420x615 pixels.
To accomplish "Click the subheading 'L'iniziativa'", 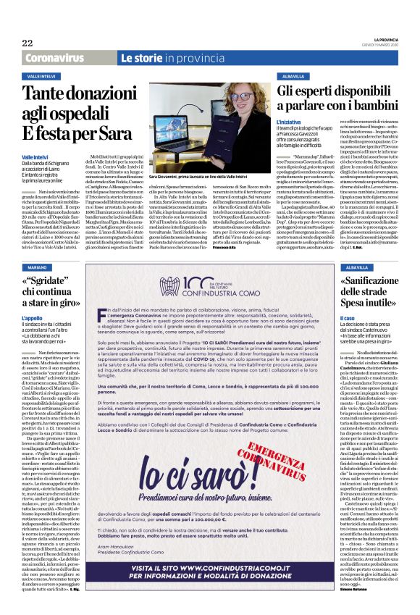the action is point(289,123).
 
